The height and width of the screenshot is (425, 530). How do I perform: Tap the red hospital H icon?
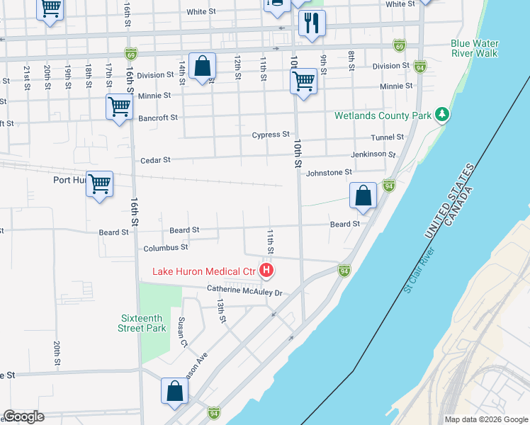pyautogui.click(x=266, y=270)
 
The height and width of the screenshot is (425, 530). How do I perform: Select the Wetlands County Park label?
pyautogui.click(x=383, y=115)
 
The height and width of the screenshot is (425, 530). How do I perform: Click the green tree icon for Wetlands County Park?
pyautogui.click(x=442, y=114)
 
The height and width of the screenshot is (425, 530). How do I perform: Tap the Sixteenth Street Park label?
pyautogui.click(x=142, y=323)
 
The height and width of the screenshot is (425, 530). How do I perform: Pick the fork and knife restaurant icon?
pyautogui.click(x=311, y=23)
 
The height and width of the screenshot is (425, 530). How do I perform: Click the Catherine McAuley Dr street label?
pyautogui.click(x=244, y=291)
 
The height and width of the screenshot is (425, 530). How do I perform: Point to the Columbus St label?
pyautogui.click(x=165, y=248)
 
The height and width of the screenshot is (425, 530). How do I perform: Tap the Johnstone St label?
pyautogui.click(x=329, y=172)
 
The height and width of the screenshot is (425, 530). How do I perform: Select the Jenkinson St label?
pyautogui.click(x=373, y=154)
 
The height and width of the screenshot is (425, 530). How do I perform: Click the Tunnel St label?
pyautogui.click(x=387, y=137)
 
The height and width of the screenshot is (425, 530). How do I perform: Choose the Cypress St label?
pyautogui.click(x=271, y=135)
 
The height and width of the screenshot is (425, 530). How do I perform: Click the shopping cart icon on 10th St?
pyautogui.click(x=303, y=81)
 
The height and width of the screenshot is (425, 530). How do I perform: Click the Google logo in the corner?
pyautogui.click(x=23, y=416)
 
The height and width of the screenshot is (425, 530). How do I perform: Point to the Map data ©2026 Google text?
pyautogui.click(x=485, y=419)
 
